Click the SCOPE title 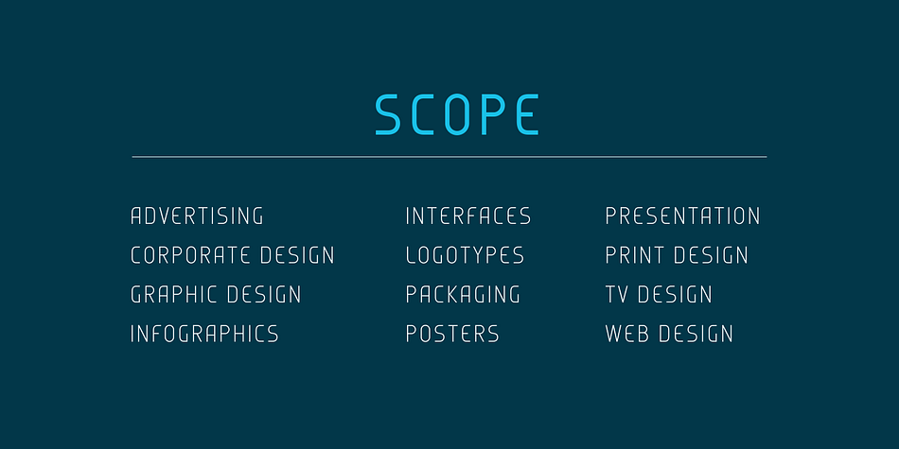point(457,114)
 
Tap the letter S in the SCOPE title point(388,114)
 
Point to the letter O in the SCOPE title point(457,114)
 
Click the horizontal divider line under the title point(449,156)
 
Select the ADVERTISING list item point(197,216)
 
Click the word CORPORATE point(190,255)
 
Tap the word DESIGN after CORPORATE point(297,255)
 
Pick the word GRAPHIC point(174,294)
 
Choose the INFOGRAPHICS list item point(204,334)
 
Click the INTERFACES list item point(468,216)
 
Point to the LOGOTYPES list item point(465,255)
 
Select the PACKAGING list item point(463,294)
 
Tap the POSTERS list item point(452,334)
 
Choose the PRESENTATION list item point(683,216)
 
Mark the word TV point(616,294)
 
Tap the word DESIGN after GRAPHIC point(264,294)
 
